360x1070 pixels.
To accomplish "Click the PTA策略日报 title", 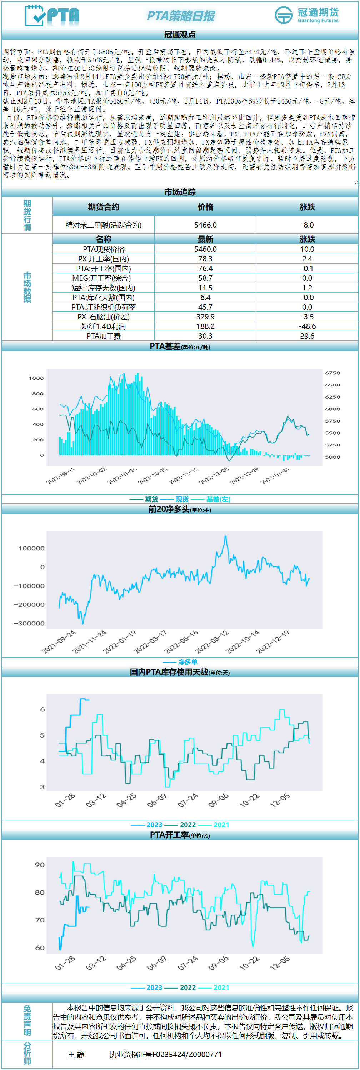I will click(181, 16).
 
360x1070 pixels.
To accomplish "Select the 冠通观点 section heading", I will click(180, 35).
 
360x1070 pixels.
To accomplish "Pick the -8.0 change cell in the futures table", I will click(307, 225).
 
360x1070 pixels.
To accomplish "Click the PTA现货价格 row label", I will click(103, 249).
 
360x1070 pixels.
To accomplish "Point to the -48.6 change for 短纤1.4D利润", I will click(307, 326).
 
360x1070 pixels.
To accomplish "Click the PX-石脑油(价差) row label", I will click(103, 317).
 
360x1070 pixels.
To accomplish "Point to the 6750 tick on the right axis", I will click(332, 373).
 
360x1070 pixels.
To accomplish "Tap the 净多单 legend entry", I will click(187, 662).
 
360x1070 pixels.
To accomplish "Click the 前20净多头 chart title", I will click(169, 509).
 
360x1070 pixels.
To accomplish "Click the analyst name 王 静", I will click(76, 1055).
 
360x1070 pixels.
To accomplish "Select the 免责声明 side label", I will click(27, 1021).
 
